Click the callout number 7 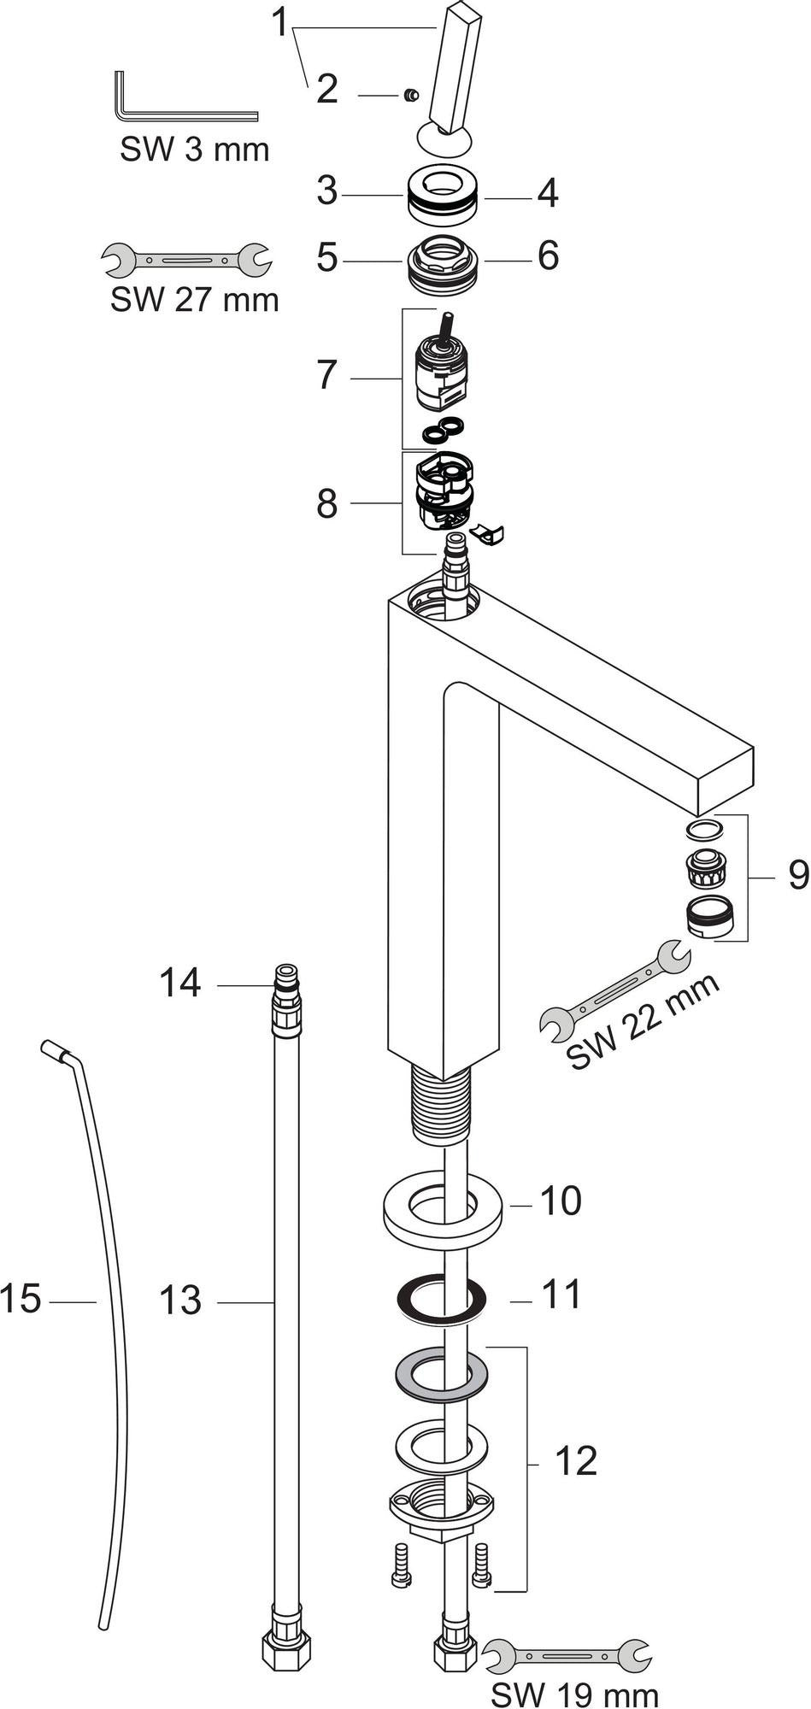pyautogui.click(x=327, y=375)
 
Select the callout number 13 pyautogui.click(x=180, y=1301)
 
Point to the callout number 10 pyautogui.click(x=561, y=1201)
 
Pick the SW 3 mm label pyautogui.click(x=195, y=150)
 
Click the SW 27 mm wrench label pyautogui.click(x=195, y=300)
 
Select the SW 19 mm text pyautogui.click(x=576, y=1694)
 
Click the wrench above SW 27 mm pyautogui.click(x=186, y=259)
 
